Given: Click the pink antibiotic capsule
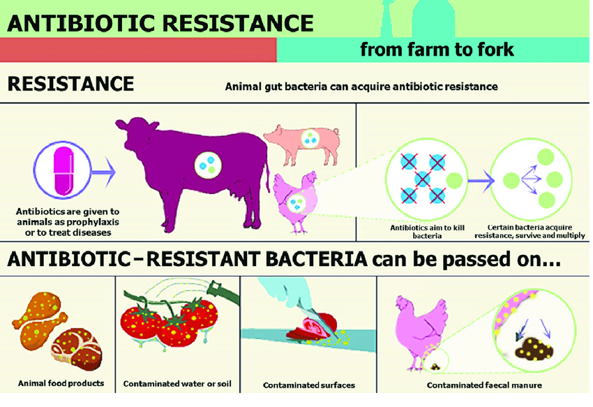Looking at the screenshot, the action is point(63,171).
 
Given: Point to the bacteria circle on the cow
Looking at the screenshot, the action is point(208,165).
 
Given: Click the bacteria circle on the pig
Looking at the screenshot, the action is point(310,138).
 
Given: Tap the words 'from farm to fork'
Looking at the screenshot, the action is point(437,50).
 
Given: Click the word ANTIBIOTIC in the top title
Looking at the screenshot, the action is point(80,23).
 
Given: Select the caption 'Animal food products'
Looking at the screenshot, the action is point(61,383).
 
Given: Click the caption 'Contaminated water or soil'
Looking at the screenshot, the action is point(177,383).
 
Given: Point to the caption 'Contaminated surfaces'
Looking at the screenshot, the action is point(309,385).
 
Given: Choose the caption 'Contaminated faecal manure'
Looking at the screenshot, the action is point(484,385).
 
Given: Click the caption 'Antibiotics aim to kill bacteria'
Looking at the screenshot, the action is point(427,232).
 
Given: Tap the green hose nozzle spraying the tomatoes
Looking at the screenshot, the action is point(225,293).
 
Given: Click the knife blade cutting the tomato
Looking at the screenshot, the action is point(317,322).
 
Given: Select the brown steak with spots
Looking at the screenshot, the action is point(77,349).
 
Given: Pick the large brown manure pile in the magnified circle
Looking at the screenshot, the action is point(534,348).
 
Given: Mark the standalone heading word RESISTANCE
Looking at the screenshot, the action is point(70,84).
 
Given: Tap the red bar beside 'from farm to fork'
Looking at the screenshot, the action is point(138,50).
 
